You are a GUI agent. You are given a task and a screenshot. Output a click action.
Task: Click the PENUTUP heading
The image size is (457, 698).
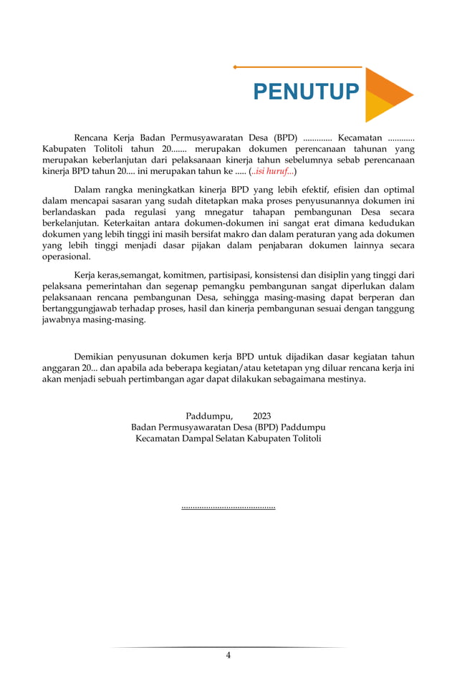306,92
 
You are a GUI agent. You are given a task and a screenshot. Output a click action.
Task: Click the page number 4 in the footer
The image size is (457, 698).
228,655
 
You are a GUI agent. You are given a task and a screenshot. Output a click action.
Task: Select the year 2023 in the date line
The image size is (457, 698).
261,416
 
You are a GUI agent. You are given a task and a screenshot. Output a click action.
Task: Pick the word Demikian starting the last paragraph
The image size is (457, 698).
97,356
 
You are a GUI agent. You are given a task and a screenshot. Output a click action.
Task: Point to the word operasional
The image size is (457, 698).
67,256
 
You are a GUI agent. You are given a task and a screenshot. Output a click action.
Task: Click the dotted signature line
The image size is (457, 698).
228,508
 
